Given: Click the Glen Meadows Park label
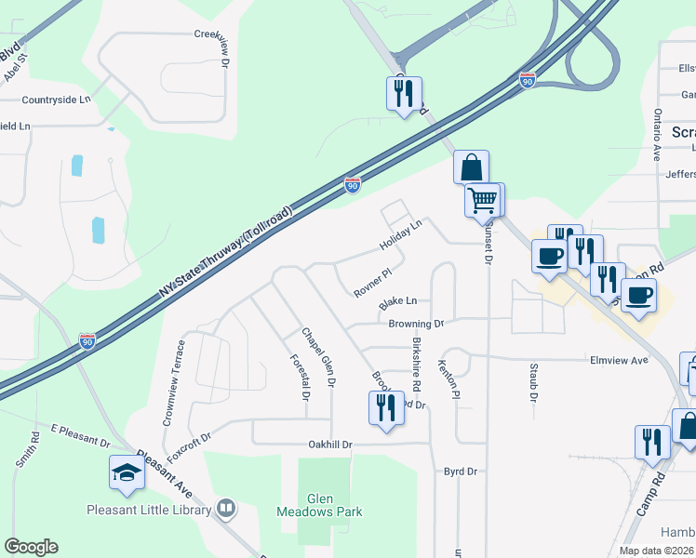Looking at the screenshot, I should point(319,504).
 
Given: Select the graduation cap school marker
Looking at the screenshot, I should point(127,473).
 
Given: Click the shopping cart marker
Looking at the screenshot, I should point(482,200).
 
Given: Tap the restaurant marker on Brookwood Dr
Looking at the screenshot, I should point(386,407).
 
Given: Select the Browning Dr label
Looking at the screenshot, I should point(416,324).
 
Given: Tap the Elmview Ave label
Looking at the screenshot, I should point(618,360).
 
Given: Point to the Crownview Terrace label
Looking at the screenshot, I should point(173,382).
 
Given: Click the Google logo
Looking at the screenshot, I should point(31,547).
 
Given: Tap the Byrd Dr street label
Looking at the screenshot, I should point(460,472).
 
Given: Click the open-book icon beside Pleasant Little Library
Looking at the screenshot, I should point(225,509).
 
